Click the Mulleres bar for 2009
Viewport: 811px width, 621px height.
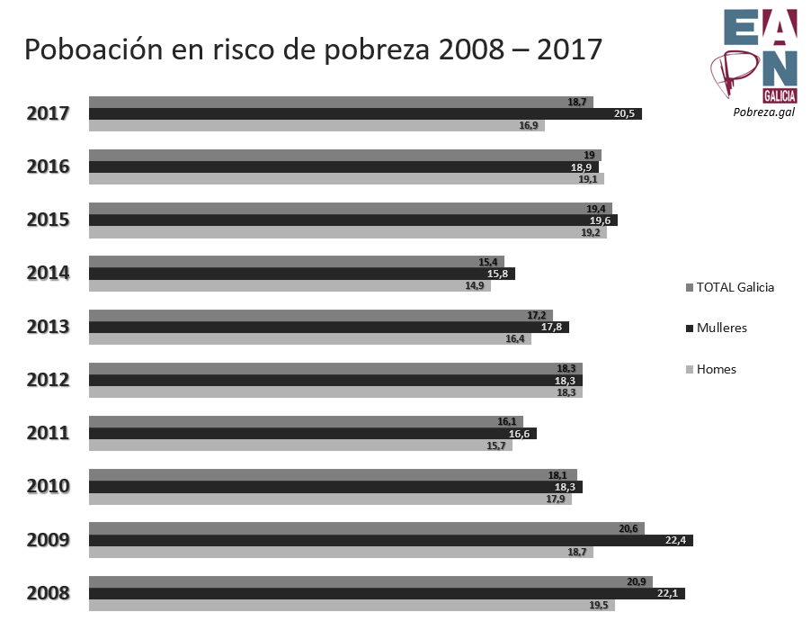click(x=391, y=540)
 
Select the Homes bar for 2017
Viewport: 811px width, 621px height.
click(x=316, y=126)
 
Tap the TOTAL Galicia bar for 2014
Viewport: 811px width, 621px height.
click(x=297, y=262)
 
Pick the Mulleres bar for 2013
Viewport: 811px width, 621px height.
click(x=329, y=327)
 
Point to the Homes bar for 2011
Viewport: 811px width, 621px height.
click(x=300, y=445)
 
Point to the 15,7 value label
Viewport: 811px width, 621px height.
click(x=496, y=445)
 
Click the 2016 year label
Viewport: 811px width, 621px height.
click(x=49, y=167)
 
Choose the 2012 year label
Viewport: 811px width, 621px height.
click(x=49, y=380)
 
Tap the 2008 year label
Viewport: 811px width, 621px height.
click(x=49, y=594)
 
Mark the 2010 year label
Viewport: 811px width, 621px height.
click(x=49, y=487)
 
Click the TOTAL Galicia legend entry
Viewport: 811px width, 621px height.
click(x=735, y=288)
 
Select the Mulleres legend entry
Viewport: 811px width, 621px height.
click(x=721, y=328)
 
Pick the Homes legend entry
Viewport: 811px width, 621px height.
click(x=716, y=369)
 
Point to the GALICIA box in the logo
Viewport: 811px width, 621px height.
click(x=779, y=94)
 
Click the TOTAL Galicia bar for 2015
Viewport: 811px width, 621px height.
click(x=351, y=209)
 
